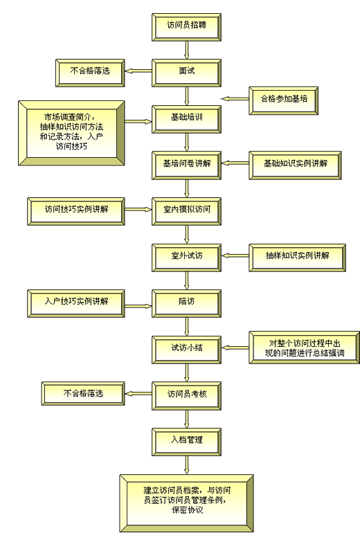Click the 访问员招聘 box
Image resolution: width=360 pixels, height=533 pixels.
tap(187, 27)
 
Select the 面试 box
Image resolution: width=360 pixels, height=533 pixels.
tap(187, 73)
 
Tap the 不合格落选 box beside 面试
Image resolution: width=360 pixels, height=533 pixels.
tap(90, 73)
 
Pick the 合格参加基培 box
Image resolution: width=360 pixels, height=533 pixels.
tap(284, 100)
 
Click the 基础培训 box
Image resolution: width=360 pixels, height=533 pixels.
tap(187, 119)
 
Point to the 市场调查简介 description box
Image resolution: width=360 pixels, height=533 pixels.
tap(71, 133)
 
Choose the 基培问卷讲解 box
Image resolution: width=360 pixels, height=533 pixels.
tap(187, 165)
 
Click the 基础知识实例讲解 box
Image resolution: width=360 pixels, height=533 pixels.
tap(295, 165)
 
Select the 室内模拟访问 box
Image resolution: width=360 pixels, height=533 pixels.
tap(187, 211)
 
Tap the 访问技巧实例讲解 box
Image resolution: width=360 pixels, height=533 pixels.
tap(76, 211)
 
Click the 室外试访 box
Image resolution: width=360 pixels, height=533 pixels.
tap(187, 258)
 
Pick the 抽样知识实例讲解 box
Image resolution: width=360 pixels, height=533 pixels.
tap(298, 258)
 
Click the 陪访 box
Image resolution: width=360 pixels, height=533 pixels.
tap(187, 304)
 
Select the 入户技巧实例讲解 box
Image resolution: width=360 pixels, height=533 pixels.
tap(76, 304)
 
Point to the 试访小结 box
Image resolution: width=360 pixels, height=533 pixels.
tap(187, 350)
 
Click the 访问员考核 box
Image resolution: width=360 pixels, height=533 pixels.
tap(187, 396)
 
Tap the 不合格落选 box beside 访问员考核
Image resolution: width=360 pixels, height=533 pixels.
tap(83, 394)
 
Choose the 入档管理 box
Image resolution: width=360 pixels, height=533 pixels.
tap(187, 442)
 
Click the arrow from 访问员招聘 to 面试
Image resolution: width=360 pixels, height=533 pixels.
tap(187, 51)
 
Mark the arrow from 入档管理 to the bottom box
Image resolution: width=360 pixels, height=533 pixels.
tap(187, 465)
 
